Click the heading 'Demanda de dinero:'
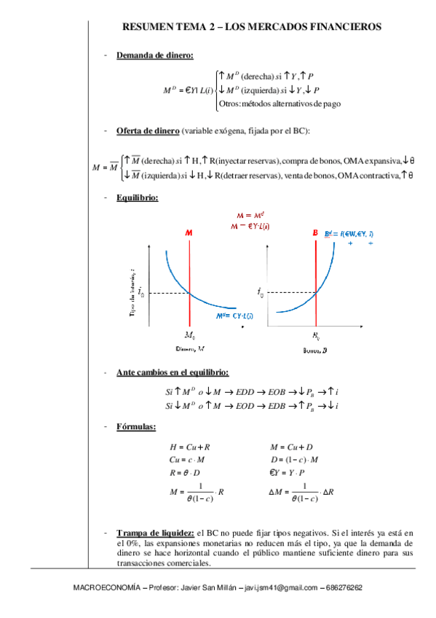pos(154,55)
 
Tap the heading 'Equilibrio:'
pos(137,197)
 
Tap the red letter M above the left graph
pos(189,233)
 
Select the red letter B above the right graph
pos(315,233)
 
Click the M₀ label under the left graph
pos(189,336)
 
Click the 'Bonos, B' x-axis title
pos(315,351)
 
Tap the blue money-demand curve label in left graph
pos(234,316)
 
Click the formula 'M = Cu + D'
pos(291,446)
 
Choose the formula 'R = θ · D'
pos(187,472)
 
